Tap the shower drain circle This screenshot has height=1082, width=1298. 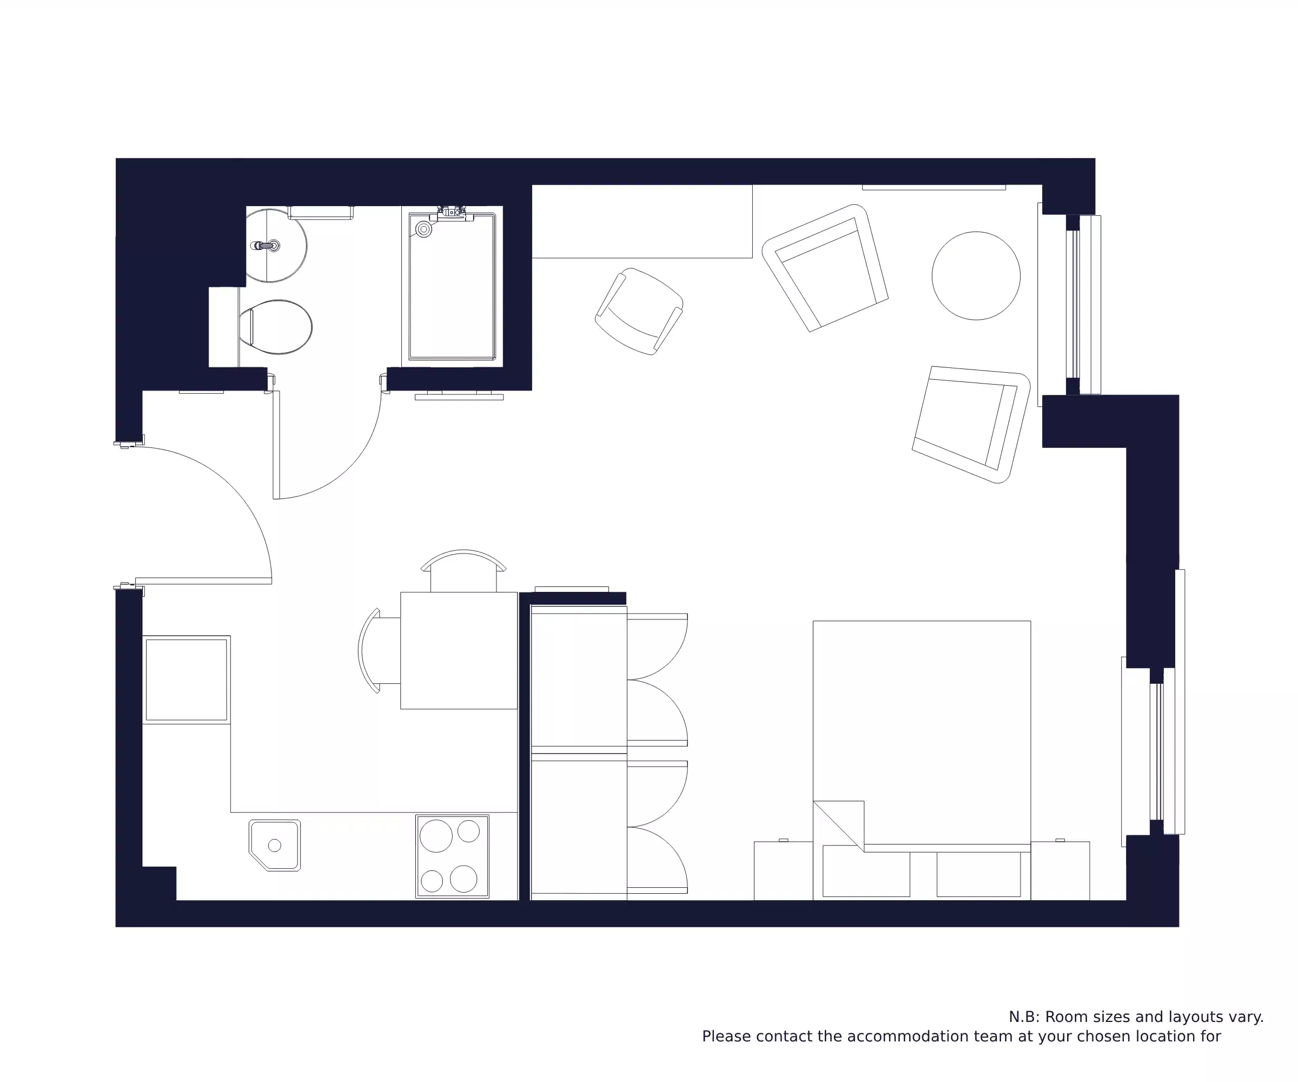[423, 229]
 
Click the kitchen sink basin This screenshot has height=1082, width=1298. [275, 845]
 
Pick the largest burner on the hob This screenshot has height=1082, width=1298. [436, 835]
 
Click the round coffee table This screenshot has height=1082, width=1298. [975, 276]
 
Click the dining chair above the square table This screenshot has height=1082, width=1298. [463, 570]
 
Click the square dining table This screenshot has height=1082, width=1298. [459, 650]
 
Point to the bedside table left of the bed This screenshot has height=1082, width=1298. [783, 870]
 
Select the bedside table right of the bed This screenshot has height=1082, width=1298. [1059, 870]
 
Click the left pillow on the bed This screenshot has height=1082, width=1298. [866, 870]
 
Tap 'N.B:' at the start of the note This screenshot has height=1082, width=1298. [1024, 1017]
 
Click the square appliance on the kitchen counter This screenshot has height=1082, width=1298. [186, 679]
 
